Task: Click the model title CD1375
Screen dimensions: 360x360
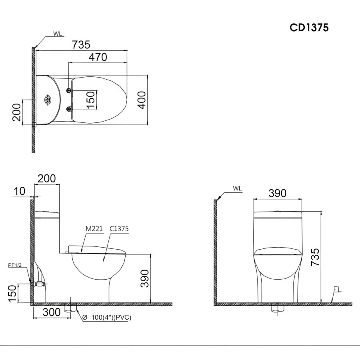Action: pos(309,28)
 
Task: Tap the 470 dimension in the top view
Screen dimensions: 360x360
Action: pos(98,57)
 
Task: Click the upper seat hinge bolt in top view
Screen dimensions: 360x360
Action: pos(69,90)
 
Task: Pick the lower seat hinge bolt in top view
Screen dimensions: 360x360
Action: pos(69,109)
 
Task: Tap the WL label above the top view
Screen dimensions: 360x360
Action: pos(58,34)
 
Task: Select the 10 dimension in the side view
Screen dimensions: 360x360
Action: pos(20,191)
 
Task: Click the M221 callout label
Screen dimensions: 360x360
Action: pos(94,229)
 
